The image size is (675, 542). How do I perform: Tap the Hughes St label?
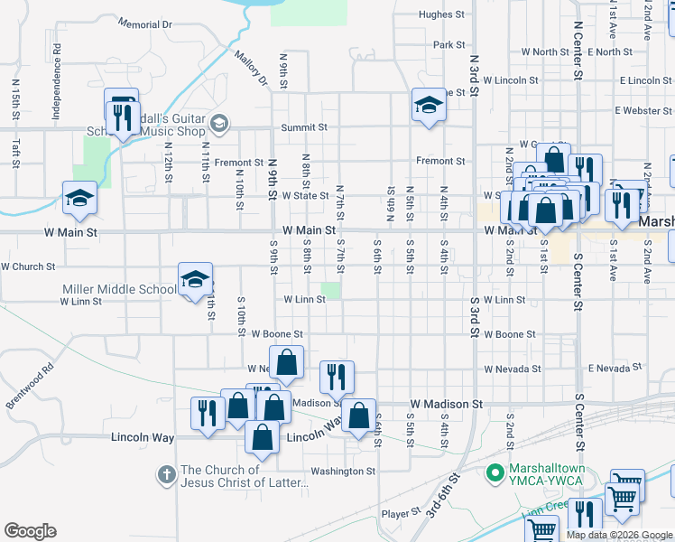click(441, 14)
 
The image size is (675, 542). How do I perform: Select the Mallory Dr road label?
click(252, 69)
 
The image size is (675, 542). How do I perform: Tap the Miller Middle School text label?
click(118, 289)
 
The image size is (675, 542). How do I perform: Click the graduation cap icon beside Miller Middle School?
click(194, 281)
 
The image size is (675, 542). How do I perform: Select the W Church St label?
click(28, 266)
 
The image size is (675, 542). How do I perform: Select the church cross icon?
click(166, 473)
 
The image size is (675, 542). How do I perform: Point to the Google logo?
click(30, 531)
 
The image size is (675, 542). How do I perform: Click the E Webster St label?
click(644, 110)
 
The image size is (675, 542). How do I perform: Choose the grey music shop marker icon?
click(218, 123)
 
